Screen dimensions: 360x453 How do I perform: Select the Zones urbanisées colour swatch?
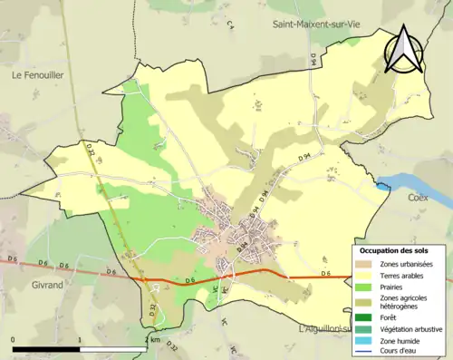tap(362, 264)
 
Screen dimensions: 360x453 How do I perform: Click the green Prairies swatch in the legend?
tap(362, 287)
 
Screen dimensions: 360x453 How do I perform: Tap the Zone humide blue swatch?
tap(362, 340)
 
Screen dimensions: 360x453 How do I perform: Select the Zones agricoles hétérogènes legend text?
tap(404, 302)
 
